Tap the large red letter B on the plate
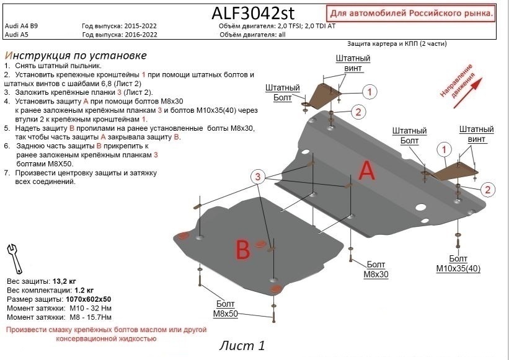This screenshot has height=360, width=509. point(242,250)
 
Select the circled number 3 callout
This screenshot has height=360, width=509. point(258,178)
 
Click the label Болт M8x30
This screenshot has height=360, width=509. point(375,269)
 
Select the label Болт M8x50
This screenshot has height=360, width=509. point(227,309)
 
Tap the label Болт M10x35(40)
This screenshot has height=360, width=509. point(458,263)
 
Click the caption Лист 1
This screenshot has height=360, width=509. point(242,346)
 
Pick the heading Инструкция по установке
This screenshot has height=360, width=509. point(75,55)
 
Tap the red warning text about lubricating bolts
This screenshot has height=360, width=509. point(105,335)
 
